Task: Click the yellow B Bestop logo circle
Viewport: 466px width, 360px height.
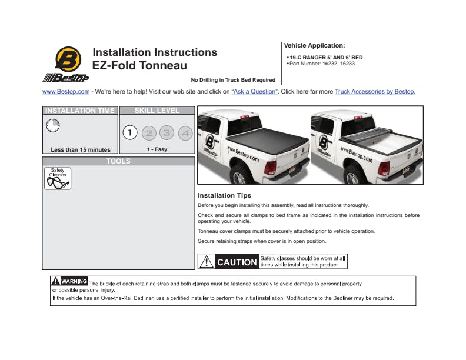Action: (x=68, y=59)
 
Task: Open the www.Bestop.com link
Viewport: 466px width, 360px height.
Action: (x=66, y=92)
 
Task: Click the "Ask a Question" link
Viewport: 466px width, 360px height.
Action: (x=255, y=92)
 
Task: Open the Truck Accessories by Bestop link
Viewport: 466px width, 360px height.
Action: (x=375, y=92)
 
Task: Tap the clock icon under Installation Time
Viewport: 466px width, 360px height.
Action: (x=53, y=125)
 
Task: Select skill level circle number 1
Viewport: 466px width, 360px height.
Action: (x=130, y=132)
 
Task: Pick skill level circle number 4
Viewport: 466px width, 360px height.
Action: (x=185, y=133)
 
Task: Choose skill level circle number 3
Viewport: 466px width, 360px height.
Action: (x=167, y=133)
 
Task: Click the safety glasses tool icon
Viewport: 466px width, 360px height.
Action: (x=58, y=178)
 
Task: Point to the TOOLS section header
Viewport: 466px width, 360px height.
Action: (x=118, y=161)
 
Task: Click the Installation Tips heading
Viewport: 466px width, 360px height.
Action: (x=224, y=195)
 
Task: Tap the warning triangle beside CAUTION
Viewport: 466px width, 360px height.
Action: (x=207, y=262)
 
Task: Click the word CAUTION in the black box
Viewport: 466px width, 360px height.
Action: (x=237, y=262)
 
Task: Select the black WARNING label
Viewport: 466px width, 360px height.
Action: (x=69, y=281)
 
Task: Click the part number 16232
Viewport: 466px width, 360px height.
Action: (x=330, y=64)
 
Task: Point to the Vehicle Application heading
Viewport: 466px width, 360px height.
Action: (x=314, y=45)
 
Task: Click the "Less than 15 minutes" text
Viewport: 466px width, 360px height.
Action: (x=81, y=149)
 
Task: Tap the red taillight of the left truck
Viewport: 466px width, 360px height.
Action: (x=270, y=168)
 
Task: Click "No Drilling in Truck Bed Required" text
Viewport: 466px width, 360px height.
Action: (x=233, y=80)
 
